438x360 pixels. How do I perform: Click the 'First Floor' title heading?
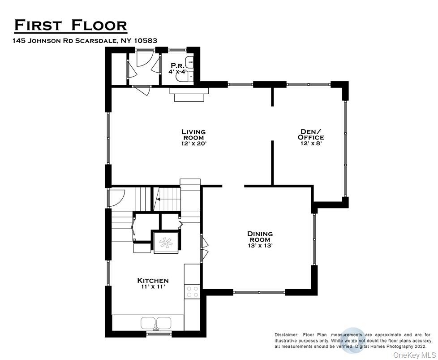pyautogui.click(x=70, y=26)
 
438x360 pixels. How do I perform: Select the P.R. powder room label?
pyautogui.click(x=177, y=65)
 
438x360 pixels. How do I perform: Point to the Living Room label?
pyautogui.click(x=193, y=134)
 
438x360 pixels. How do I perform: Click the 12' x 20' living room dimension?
pyautogui.click(x=193, y=143)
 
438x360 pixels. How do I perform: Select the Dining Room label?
pyautogui.click(x=260, y=237)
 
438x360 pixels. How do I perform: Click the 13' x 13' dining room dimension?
pyautogui.click(x=260, y=246)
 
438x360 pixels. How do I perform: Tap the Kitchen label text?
pyautogui.click(x=153, y=281)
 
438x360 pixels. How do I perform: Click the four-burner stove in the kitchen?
pyautogui.click(x=193, y=292)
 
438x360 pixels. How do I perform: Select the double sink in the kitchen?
pyautogui.click(x=156, y=322)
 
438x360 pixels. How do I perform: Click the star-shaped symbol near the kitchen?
pyautogui.click(x=166, y=243)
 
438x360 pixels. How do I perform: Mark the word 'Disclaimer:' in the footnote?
pyautogui.click(x=287, y=335)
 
